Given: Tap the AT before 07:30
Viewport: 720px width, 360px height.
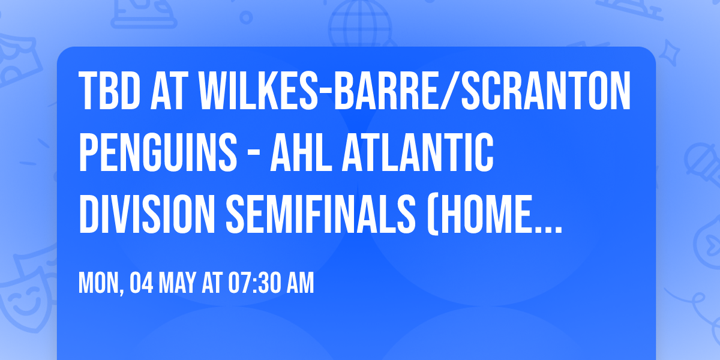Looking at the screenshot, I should tap(212, 283).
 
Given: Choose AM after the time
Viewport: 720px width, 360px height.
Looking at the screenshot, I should tap(301, 283).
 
